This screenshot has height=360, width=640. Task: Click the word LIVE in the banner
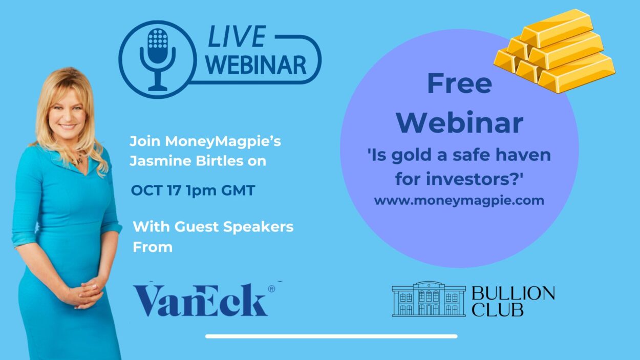tap(237, 36)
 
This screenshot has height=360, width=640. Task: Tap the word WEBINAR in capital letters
tap(256, 65)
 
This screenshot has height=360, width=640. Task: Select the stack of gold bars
tap(554, 51)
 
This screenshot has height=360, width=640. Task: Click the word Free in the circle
tap(459, 83)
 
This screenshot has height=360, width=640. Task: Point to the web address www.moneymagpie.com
tap(459, 201)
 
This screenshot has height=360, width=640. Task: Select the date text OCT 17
tap(156, 190)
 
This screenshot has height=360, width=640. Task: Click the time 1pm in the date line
tap(201, 191)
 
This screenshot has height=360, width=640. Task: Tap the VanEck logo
tap(201, 300)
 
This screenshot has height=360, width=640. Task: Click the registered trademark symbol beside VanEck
tap(271, 289)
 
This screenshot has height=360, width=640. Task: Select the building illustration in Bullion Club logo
tap(429, 299)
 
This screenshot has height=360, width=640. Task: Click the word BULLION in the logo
tap(513, 293)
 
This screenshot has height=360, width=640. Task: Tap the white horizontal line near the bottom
tap(331, 336)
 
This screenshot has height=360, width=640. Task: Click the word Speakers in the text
tap(258, 227)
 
